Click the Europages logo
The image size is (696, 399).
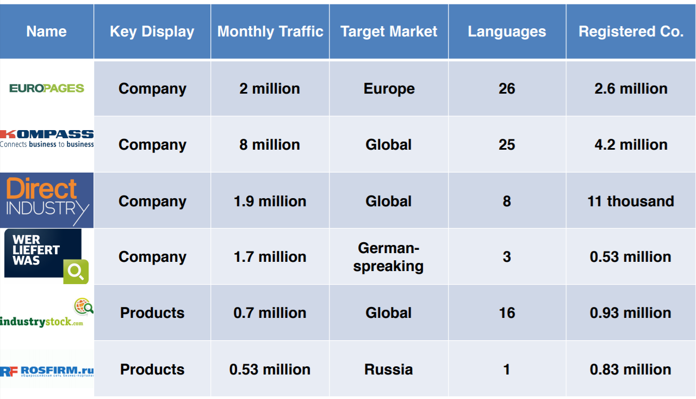47,88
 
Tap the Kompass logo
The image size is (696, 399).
47,138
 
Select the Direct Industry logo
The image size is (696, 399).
47,200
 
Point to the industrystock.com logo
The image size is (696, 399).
47,314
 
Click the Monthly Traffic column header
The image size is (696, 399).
270,32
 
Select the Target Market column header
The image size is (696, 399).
389,32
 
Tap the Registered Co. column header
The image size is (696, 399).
631,32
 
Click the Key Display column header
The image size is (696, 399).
152,32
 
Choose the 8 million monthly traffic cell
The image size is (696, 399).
270,145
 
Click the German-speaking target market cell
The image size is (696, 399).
389,257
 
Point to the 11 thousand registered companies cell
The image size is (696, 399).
631,201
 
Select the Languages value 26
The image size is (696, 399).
507,89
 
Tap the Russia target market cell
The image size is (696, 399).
389,370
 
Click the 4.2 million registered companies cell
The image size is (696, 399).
631,145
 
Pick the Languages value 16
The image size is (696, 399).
507,313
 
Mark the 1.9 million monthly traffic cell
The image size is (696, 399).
270,201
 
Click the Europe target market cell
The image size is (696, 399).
389,89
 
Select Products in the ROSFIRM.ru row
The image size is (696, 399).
152,370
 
